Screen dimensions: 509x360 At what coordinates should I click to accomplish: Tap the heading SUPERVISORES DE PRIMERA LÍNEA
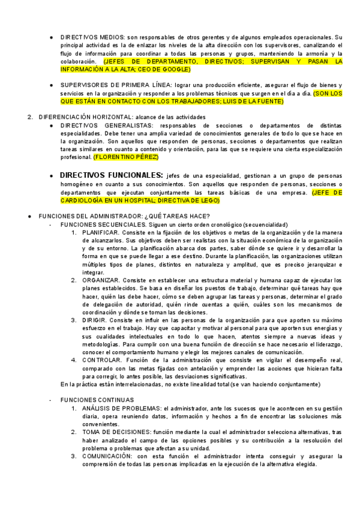pos(112,85)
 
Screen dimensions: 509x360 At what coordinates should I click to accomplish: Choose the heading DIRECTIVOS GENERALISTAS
pos(100,125)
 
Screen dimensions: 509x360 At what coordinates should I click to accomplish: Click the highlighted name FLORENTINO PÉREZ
pos(126,157)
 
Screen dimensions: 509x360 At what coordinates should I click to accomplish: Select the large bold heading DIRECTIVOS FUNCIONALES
pos(111,174)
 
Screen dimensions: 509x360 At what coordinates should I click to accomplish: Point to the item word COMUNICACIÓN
pos(107,456)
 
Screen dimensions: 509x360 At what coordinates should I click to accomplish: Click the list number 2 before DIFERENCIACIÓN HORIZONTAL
pos(30,116)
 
